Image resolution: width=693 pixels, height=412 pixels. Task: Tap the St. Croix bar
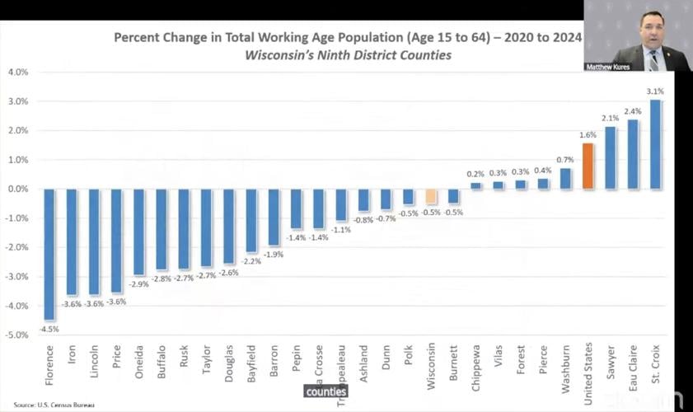pyautogui.click(x=655, y=144)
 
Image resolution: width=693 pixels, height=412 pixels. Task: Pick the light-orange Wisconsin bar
pyautogui.click(x=431, y=196)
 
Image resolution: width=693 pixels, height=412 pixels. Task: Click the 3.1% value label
pyautogui.click(x=655, y=91)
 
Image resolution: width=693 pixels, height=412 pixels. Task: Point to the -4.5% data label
pyautogui.click(x=50, y=329)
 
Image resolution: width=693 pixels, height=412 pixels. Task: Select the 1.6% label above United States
pyautogui.click(x=588, y=135)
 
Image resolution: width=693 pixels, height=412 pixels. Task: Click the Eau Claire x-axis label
pyautogui.click(x=633, y=366)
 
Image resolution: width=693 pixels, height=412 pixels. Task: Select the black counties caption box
pyautogui.click(x=325, y=391)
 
